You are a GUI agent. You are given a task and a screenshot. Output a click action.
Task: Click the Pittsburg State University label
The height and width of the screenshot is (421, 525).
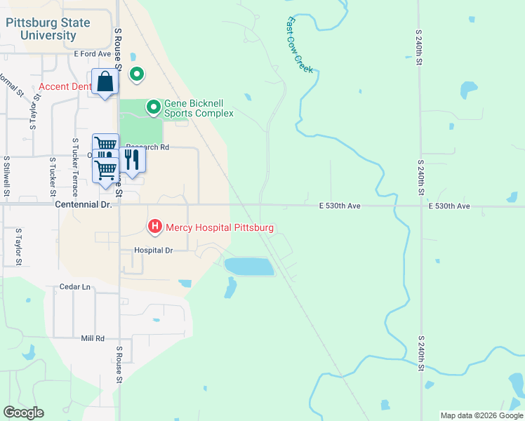point(48,29)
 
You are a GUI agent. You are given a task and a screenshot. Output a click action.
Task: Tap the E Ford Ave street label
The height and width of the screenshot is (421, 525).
point(93,53)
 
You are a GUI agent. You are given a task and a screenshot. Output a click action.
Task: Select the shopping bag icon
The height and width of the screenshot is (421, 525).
point(105,82)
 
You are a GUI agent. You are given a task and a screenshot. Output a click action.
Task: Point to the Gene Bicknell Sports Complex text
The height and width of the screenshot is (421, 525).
point(199,107)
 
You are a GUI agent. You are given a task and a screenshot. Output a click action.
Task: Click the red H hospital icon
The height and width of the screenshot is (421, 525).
point(154,227)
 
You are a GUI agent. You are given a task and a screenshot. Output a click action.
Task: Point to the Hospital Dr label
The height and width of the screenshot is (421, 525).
point(154,250)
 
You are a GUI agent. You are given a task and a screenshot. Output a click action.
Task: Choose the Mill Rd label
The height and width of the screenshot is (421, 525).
point(92,338)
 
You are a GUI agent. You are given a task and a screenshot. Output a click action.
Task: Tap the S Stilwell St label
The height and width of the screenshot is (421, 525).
point(6,175)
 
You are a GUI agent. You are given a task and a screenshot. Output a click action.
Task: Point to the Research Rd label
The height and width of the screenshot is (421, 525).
point(149,147)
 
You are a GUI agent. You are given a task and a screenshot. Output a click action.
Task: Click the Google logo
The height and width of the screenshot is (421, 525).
point(23,413)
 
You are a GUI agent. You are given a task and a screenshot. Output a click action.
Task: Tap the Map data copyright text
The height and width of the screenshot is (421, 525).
point(481,415)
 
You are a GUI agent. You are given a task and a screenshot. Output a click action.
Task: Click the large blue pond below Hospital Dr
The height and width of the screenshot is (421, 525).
point(248,266)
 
